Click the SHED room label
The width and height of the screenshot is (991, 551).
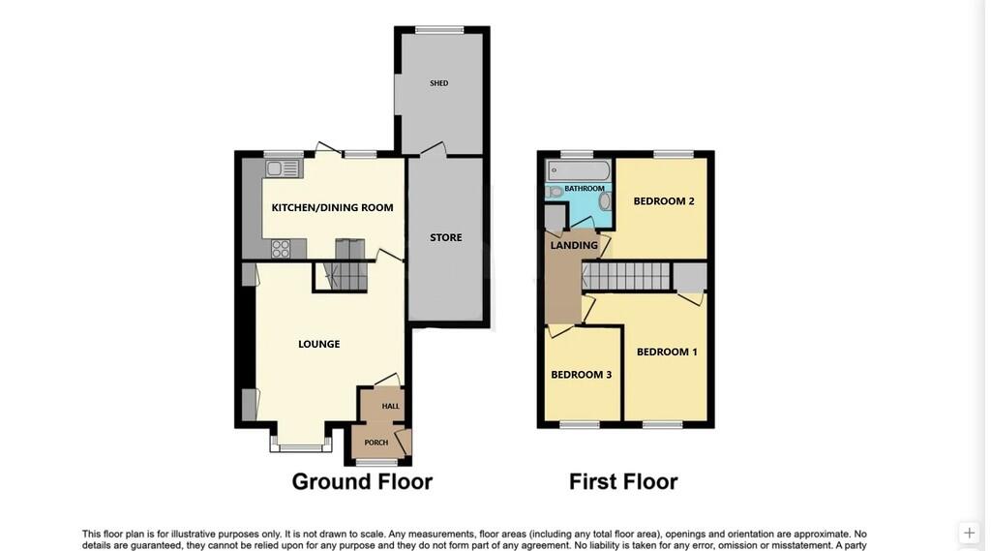[x=439, y=83]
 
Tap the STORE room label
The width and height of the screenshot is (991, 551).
[x=446, y=237]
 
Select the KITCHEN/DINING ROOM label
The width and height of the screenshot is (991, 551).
[x=332, y=207]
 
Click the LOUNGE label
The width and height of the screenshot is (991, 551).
[x=318, y=344]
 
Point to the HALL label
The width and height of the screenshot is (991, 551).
[x=390, y=406]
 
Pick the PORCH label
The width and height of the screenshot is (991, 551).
[x=375, y=443]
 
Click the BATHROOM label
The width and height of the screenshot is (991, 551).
[x=585, y=189]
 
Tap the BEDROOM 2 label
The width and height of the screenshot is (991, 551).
[x=664, y=201]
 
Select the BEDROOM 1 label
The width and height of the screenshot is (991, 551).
[x=667, y=352]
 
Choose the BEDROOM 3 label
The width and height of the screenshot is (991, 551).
[x=581, y=375]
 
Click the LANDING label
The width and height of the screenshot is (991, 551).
[x=574, y=245]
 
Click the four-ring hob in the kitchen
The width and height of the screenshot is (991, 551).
[x=281, y=248]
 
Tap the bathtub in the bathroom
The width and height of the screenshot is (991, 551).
[x=578, y=171]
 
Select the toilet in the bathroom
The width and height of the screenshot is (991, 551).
[x=555, y=192]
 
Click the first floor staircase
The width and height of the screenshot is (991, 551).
[x=626, y=277]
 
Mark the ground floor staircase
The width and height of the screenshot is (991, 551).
[x=345, y=277]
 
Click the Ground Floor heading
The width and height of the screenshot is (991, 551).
[x=362, y=481]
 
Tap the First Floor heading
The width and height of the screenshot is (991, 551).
[x=623, y=481]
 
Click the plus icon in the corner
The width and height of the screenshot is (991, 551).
[x=969, y=533]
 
